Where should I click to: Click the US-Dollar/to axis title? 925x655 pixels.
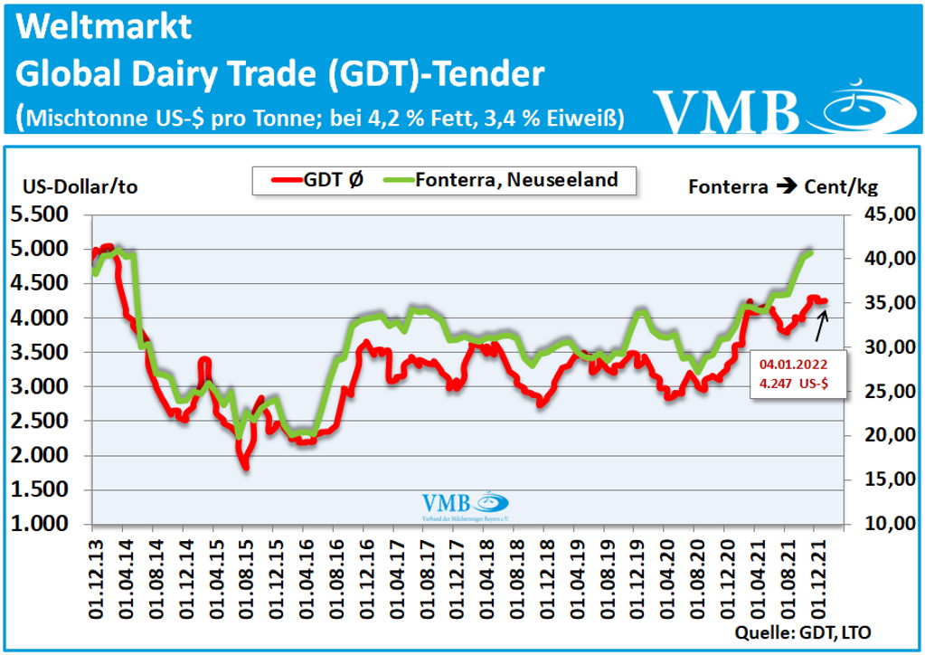tap(80, 187)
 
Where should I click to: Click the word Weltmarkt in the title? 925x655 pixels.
tap(105, 27)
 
